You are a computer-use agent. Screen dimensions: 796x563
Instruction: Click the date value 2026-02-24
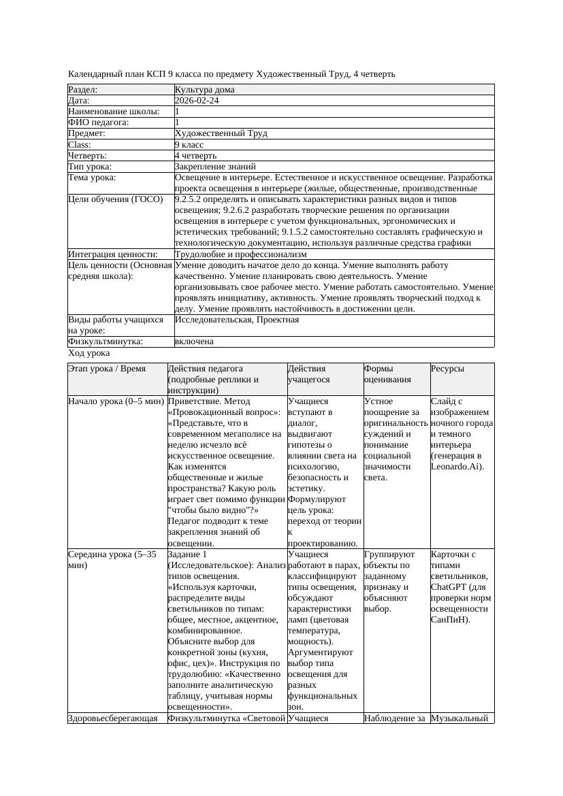click(x=197, y=101)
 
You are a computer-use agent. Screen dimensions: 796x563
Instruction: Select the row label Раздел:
click(x=83, y=90)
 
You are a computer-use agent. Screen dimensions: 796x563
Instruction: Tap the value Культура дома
click(x=204, y=90)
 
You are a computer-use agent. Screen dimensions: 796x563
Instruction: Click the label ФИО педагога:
click(x=99, y=122)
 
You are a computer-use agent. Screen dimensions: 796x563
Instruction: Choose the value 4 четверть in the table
click(x=195, y=155)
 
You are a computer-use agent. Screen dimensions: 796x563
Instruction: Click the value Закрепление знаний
click(x=215, y=166)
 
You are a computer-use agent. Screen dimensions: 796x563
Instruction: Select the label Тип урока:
click(x=90, y=166)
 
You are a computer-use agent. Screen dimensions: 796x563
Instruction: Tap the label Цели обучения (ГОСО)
click(x=116, y=199)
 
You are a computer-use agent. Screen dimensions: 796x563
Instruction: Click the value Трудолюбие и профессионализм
click(x=234, y=254)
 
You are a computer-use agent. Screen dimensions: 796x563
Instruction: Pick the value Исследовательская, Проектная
click(x=236, y=320)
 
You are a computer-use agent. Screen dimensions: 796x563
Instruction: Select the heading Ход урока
click(x=89, y=353)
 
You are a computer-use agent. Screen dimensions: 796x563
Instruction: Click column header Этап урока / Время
click(x=107, y=368)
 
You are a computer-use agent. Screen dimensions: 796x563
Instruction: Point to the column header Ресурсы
click(x=447, y=368)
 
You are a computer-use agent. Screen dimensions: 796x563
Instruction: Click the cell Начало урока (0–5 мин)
click(x=116, y=401)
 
